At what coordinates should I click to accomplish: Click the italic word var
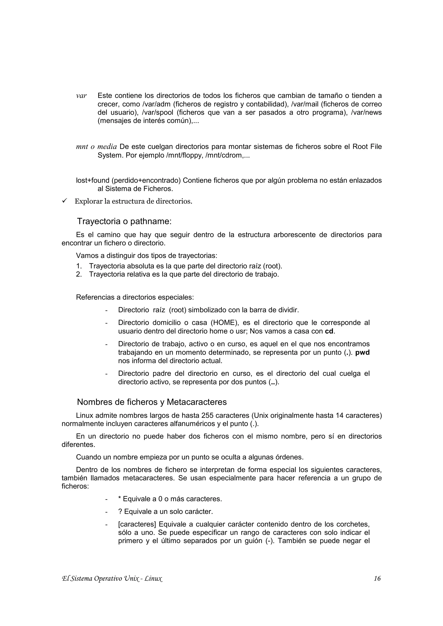[81, 96]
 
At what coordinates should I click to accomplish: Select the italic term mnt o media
[96, 147]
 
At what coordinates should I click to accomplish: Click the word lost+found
[93, 181]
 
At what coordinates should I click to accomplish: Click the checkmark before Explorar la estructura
[65, 201]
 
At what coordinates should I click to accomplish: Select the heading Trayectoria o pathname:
[124, 221]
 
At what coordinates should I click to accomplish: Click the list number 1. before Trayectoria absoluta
[79, 266]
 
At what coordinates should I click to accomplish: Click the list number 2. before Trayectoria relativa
[79, 274]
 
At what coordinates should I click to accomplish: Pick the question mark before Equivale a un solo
[120, 512]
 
